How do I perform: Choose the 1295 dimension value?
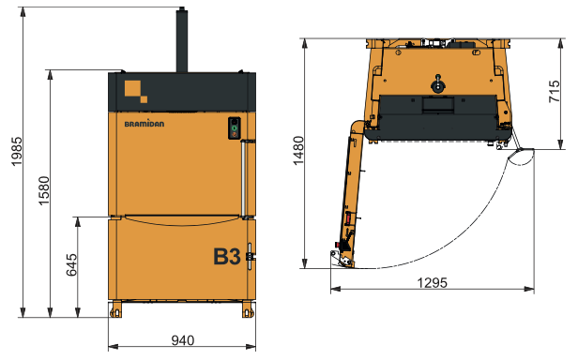(433, 282)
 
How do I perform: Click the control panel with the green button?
(235, 127)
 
